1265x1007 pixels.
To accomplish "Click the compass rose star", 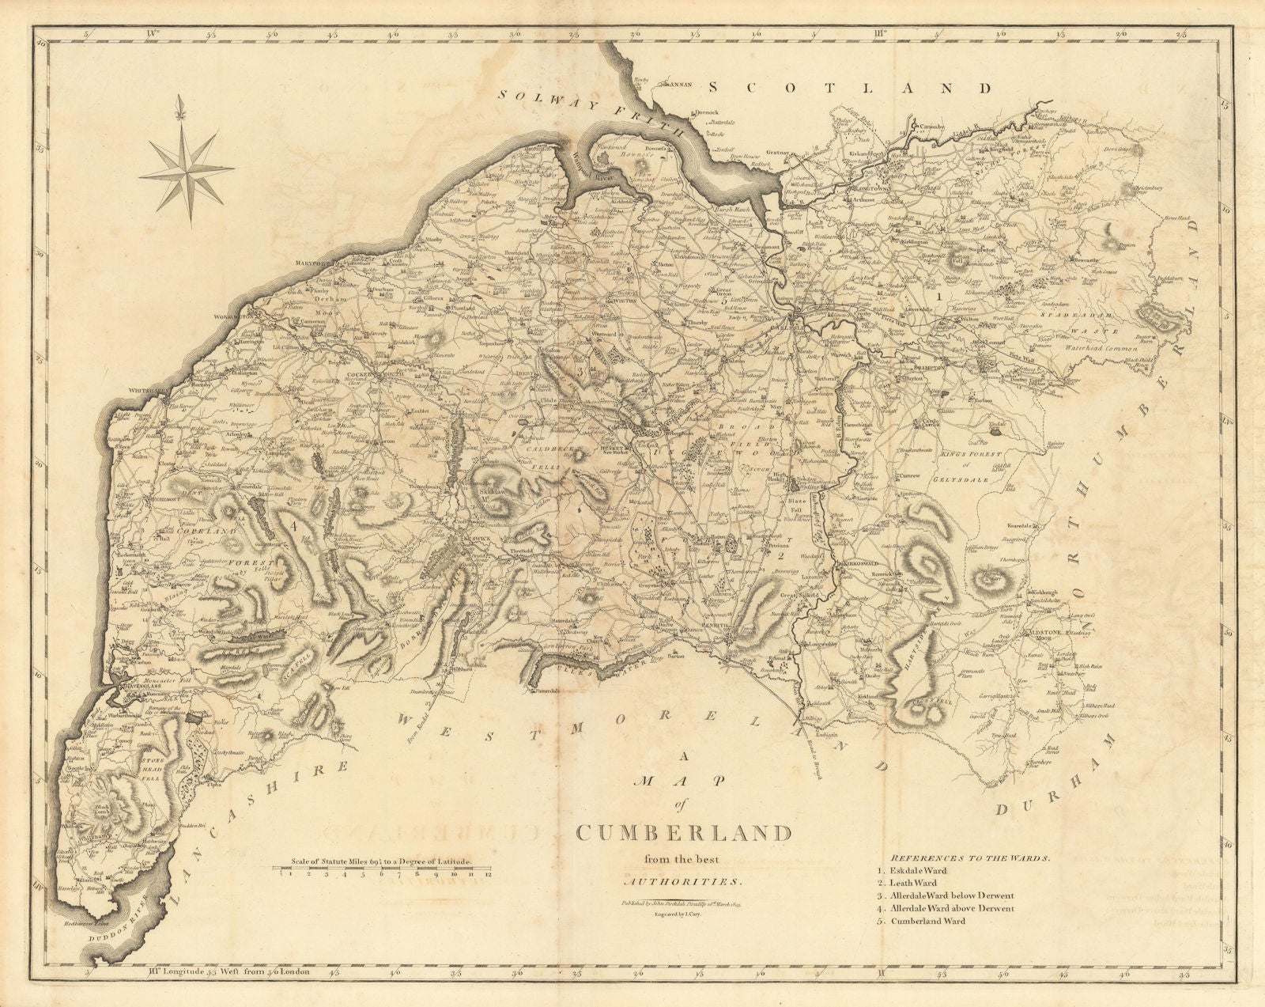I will click(x=187, y=153).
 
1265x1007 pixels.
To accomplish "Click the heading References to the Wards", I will click(x=971, y=857).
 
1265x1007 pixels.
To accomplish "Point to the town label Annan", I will click(x=682, y=81).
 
